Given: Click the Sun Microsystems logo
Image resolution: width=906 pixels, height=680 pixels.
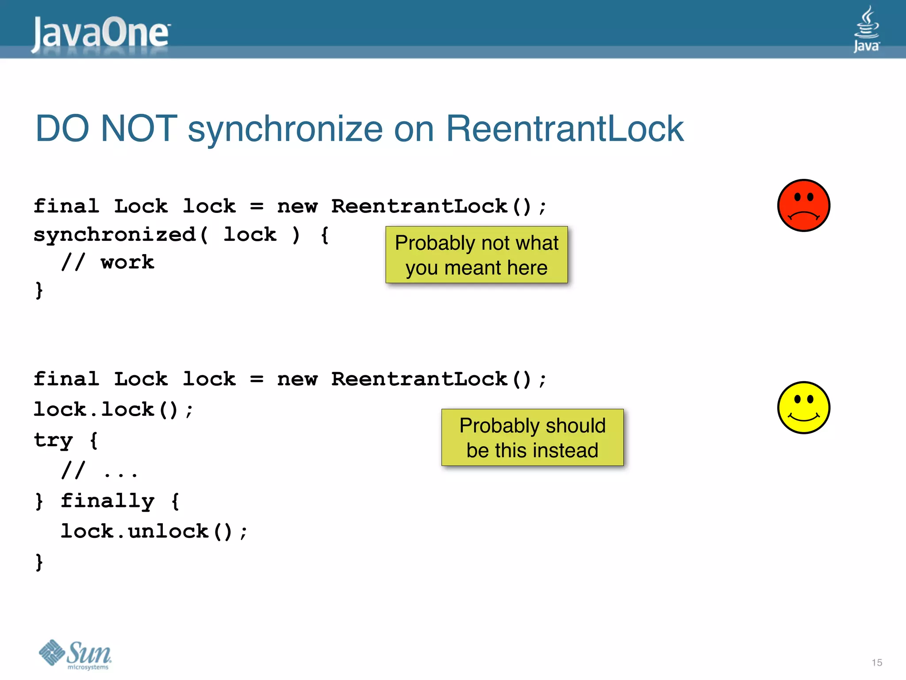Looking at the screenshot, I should [x=75, y=654].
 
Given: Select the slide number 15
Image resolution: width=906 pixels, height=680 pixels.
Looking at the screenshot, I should [x=877, y=663].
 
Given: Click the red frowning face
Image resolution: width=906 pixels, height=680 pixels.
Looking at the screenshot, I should [x=803, y=205].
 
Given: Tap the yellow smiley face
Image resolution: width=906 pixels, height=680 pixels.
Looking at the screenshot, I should [x=803, y=407].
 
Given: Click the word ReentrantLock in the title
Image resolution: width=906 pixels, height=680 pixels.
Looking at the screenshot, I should [x=564, y=129].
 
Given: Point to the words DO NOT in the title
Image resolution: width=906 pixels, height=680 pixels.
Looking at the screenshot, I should [x=106, y=129].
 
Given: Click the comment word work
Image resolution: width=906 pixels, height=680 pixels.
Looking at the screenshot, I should [x=127, y=262].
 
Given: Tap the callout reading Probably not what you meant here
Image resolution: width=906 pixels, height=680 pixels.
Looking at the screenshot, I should [x=476, y=255].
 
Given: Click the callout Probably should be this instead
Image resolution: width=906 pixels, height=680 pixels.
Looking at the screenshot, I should [x=532, y=437].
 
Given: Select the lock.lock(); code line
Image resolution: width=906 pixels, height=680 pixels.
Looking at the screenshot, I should [x=114, y=409].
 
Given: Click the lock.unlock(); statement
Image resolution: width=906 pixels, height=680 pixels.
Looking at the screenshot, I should [x=154, y=531].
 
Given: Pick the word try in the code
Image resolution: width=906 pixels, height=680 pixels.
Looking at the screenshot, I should [x=53, y=440].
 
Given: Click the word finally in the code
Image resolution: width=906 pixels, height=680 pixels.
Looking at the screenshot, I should [x=107, y=501].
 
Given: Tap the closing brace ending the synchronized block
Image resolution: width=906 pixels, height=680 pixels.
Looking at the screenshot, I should [x=39, y=290].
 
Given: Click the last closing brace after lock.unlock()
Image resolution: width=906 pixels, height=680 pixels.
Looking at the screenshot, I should [x=39, y=562].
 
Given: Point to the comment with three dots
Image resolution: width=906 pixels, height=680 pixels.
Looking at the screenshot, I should [x=100, y=471].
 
